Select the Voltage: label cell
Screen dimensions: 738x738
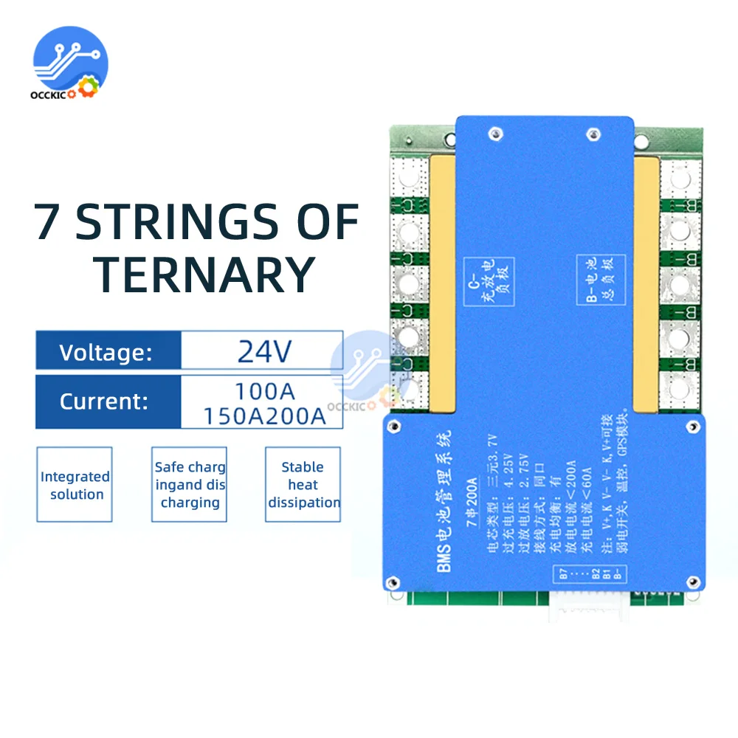(x=108, y=351)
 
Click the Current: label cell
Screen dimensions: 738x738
(x=108, y=402)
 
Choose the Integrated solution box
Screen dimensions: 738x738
(x=75, y=485)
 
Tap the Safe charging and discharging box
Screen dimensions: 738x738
(x=189, y=485)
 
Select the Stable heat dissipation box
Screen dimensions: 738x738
(x=303, y=485)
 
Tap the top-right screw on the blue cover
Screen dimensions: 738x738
(x=590, y=134)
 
